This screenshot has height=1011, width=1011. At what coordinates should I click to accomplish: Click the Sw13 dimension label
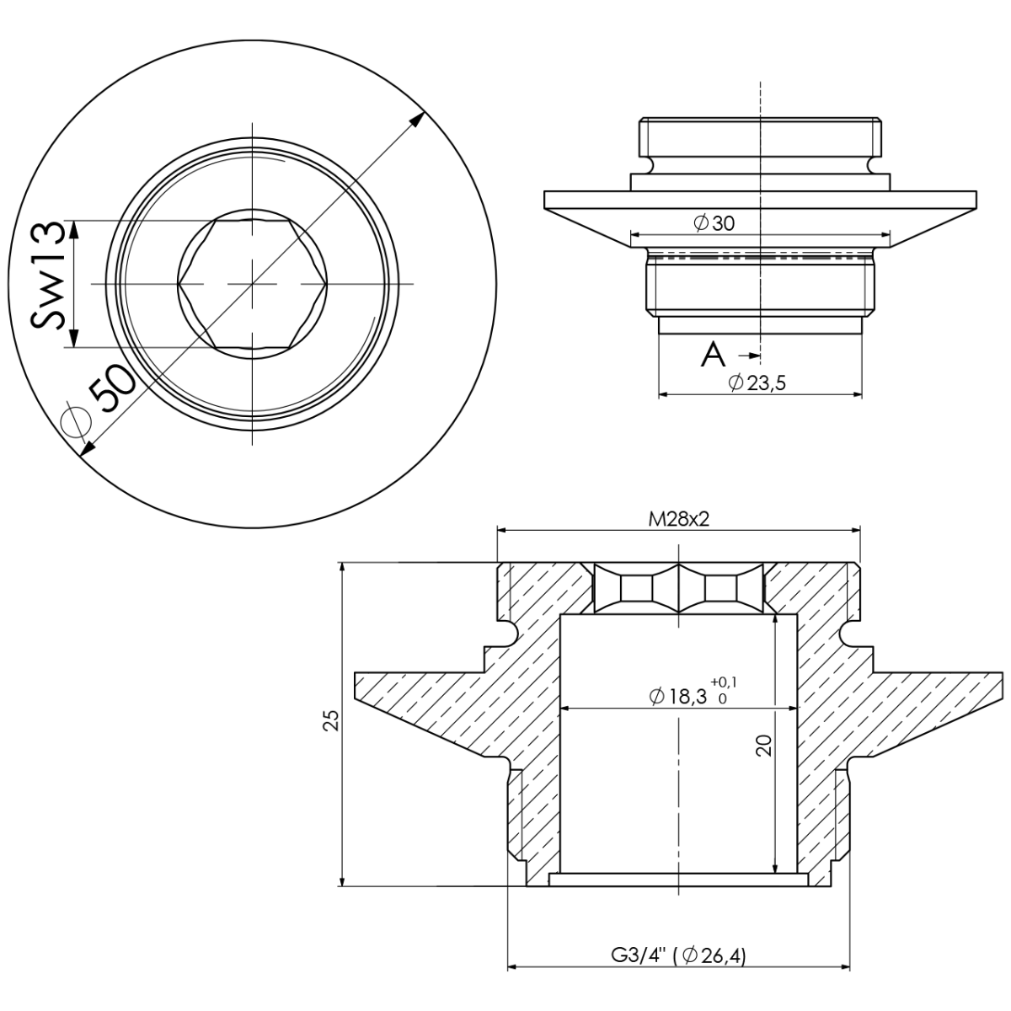48,275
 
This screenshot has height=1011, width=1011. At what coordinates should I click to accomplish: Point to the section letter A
713,356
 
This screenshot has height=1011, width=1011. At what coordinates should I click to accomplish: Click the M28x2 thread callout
679,519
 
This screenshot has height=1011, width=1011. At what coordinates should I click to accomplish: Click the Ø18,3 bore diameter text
678,696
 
